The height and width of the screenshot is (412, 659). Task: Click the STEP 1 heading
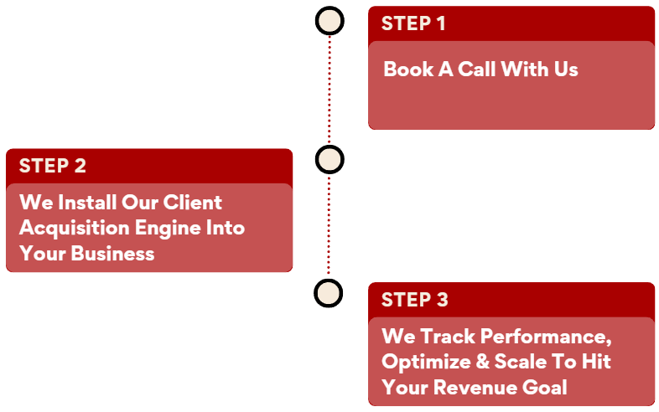413,23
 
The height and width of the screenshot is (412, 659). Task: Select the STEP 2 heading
52,166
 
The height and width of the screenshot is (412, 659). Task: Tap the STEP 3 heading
414,300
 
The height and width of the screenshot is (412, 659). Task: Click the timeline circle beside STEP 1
329,21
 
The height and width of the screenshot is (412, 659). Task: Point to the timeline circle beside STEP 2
329,159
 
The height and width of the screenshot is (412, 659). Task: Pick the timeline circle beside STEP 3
329,293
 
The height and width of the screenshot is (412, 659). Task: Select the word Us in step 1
564,69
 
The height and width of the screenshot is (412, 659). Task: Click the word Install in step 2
88,203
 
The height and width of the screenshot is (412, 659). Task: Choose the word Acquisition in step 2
75,228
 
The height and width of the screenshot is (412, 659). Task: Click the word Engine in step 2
168,228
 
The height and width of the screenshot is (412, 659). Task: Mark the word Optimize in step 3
423,362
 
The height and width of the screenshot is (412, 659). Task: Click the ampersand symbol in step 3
479,362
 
